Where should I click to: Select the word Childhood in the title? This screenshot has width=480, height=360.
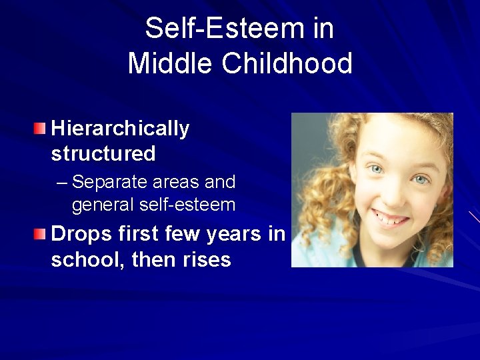288,63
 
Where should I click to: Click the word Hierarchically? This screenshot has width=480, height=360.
120,129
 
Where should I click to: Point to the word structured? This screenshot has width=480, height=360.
103,154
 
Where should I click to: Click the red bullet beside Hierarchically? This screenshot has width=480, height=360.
41,127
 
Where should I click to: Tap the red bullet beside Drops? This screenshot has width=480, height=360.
41,233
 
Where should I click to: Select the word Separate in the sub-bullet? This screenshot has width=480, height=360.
107,182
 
